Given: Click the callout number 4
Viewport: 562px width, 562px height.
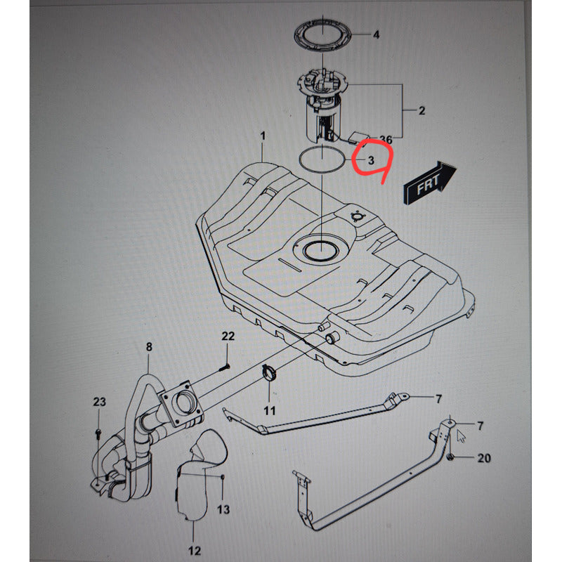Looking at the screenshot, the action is (x=376, y=34).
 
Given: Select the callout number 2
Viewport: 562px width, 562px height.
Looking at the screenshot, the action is (x=421, y=110).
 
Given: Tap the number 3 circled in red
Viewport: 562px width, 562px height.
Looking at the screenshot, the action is (x=371, y=160).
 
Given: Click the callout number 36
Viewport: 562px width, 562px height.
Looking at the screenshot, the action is (x=386, y=139).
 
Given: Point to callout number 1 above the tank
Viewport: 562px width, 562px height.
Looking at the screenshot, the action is (x=263, y=136).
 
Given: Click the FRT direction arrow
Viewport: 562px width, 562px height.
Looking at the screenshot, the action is (x=430, y=183).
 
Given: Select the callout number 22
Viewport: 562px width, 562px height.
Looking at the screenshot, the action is (x=228, y=336).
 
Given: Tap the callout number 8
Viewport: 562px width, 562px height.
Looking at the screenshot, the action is (x=149, y=346).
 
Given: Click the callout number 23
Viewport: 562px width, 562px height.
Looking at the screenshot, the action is (x=99, y=401).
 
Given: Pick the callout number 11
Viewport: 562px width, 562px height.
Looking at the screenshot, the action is (x=270, y=410).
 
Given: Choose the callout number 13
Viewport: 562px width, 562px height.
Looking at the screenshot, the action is (x=223, y=509).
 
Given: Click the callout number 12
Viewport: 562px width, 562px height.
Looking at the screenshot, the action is (x=195, y=551).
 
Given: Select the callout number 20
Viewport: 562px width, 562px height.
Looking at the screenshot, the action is (x=484, y=458).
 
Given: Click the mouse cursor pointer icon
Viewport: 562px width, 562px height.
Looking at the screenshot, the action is (x=461, y=436).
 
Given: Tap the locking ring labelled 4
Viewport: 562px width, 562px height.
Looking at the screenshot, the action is (x=322, y=34).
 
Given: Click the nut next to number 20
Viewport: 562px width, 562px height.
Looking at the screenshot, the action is (x=451, y=457).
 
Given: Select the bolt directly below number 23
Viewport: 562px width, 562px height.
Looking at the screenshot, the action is (x=98, y=433).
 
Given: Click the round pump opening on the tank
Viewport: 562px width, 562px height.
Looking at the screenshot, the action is (x=321, y=251).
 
